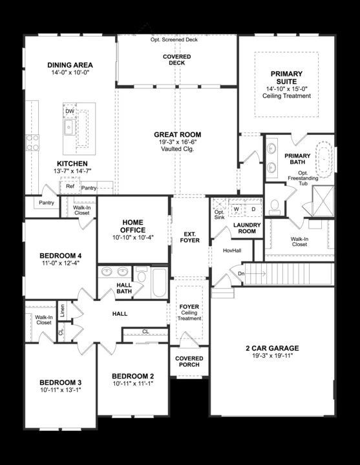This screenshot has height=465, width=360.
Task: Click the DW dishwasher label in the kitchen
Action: [70, 111]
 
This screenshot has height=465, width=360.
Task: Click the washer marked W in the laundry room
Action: [237, 209]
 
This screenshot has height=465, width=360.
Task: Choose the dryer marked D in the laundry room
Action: [253, 209]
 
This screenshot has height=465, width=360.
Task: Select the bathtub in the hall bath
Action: [159, 282]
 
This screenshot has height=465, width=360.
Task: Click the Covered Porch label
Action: [189, 362]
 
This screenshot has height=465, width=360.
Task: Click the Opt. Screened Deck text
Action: [174, 39]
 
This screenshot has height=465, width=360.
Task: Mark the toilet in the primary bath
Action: [274, 206]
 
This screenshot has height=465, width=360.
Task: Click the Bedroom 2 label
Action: [132, 376]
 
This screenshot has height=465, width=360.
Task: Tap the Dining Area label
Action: [70, 65]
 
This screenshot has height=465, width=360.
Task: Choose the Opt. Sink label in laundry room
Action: [220, 214]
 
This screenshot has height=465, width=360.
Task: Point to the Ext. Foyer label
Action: [190, 236]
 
